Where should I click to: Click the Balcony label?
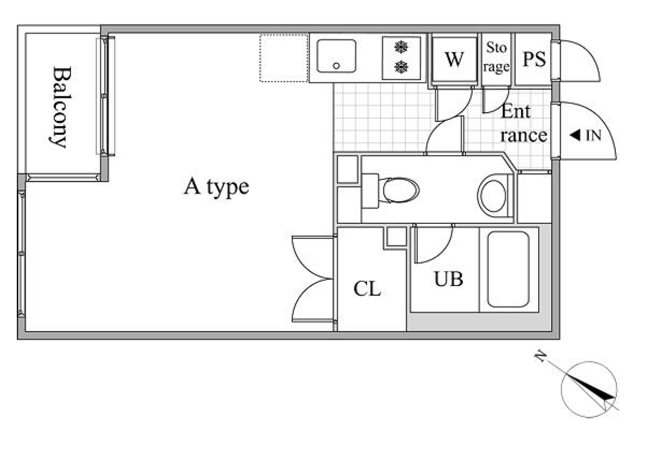[x=62, y=107]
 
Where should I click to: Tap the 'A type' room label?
[x=216, y=187]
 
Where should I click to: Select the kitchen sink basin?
[x=336, y=56]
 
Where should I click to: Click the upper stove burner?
[x=401, y=47]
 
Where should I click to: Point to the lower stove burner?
[x=401, y=67]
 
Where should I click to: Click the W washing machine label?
[x=454, y=59]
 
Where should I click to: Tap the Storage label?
[x=496, y=57]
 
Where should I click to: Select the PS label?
[x=534, y=59]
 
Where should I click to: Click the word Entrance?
[x=524, y=124]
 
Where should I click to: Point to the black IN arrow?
[x=575, y=135]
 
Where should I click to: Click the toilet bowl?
[x=401, y=190]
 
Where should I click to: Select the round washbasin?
[x=493, y=196]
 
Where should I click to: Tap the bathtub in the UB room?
[x=508, y=269]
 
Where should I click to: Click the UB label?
[x=448, y=280]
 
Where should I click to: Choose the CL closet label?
[x=367, y=289]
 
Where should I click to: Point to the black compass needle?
[x=591, y=388]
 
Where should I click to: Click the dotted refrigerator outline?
[x=284, y=58]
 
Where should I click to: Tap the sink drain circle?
[x=337, y=66]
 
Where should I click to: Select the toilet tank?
[x=370, y=191]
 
